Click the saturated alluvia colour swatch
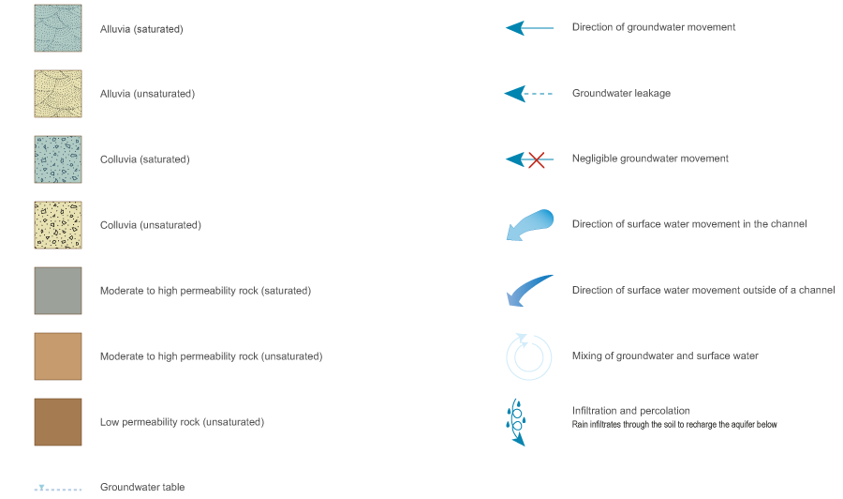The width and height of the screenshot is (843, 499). point(57,28)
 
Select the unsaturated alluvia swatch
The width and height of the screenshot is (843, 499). point(57,94)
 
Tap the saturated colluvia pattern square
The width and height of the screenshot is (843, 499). point(57,159)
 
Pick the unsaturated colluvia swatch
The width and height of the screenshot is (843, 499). point(57,225)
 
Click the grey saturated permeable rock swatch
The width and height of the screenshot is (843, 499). point(57,291)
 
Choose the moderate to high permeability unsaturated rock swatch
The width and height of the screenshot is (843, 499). point(57,356)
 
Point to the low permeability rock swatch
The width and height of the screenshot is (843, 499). point(57,422)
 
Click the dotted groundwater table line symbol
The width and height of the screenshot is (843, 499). point(57,489)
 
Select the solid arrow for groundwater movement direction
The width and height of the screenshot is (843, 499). point(529,28)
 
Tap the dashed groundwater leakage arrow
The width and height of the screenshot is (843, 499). point(529,94)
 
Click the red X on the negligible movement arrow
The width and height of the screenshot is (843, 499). point(537,159)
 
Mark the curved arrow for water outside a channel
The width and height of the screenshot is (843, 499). point(529,291)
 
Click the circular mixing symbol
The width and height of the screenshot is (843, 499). point(529,356)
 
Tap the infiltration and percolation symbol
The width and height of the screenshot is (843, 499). point(516,422)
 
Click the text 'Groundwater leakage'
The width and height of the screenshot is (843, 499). point(621,94)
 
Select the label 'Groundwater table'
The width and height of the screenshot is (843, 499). point(142,488)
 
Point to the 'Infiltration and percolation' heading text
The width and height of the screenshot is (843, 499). point(630,411)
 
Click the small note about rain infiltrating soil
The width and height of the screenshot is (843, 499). point(674,425)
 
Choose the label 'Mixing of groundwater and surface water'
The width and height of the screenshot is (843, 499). point(665,356)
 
